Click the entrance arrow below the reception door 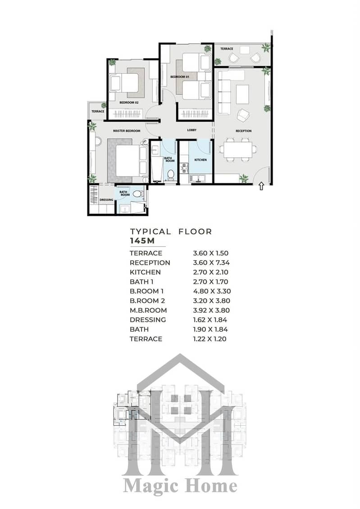[261, 186]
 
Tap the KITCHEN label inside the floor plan [201, 160]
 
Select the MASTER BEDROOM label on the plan [127, 131]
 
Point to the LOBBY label [191, 130]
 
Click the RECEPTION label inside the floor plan [243, 131]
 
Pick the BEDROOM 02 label [129, 103]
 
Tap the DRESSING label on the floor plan [106, 200]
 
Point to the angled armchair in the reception [243, 114]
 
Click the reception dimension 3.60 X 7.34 [211, 263]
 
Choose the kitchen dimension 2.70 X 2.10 [211, 272]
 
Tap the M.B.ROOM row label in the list [148, 310]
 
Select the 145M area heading [142, 241]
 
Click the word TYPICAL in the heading [150, 232]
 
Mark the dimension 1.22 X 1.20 [210, 339]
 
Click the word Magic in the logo [150, 486]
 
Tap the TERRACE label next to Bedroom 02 [98, 111]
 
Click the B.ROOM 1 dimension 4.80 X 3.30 [212, 291]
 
